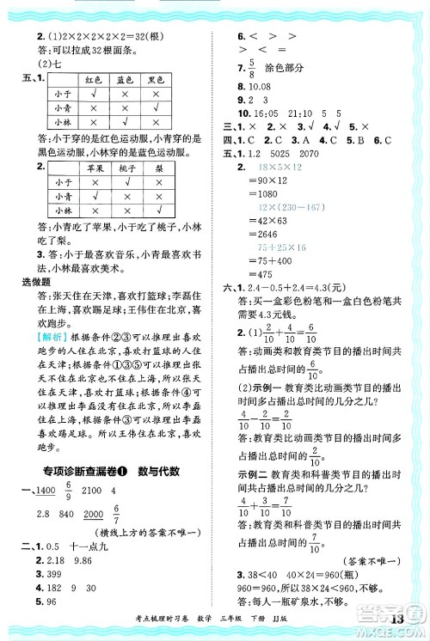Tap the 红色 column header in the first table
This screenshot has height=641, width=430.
[x=93, y=79]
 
